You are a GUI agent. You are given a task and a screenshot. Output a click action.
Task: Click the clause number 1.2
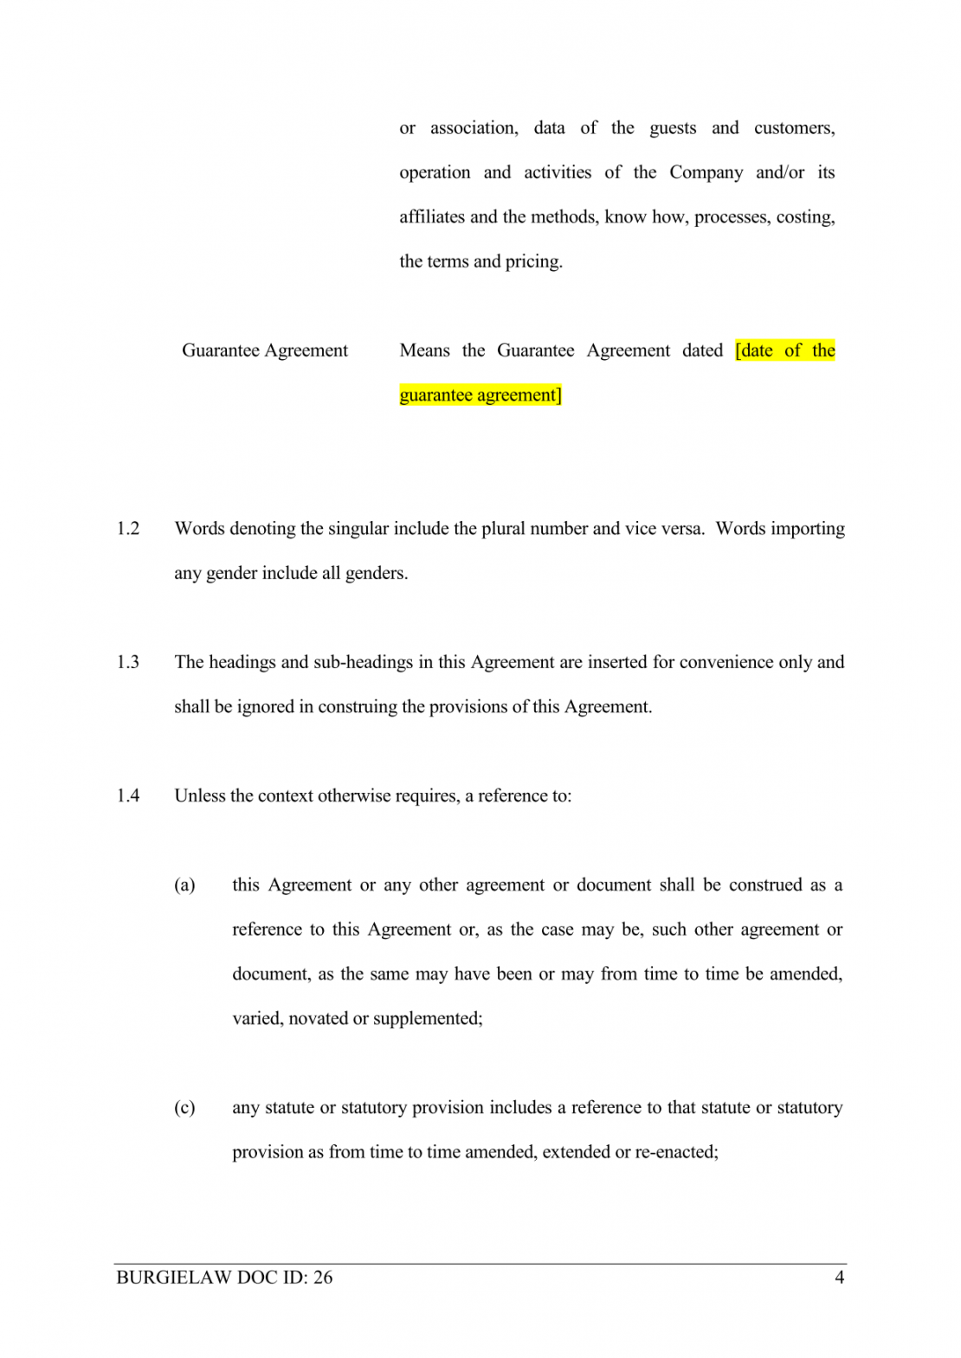[x=128, y=529]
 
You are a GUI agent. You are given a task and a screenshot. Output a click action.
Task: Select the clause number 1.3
[x=128, y=662]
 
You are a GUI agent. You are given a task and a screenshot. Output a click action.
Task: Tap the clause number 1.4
[x=128, y=795]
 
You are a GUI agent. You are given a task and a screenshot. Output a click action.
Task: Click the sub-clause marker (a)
[x=184, y=885]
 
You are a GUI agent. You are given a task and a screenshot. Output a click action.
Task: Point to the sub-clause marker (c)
[x=184, y=1108]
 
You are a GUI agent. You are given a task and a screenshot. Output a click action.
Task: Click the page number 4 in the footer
[x=839, y=1278]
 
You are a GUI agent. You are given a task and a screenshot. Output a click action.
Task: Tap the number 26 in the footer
[x=323, y=1278]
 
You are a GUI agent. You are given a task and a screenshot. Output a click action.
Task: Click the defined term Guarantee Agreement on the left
[x=264, y=351]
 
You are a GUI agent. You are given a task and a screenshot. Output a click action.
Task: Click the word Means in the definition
[x=424, y=351]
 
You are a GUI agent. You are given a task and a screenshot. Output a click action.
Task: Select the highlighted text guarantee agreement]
[x=480, y=396]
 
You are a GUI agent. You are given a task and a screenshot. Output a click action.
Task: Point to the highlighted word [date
[x=754, y=351]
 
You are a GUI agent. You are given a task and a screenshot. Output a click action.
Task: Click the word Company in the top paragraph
[x=706, y=172]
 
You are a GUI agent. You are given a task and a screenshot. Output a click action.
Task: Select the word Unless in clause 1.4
[x=200, y=795]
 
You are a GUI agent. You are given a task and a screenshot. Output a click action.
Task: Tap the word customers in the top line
[x=794, y=128]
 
